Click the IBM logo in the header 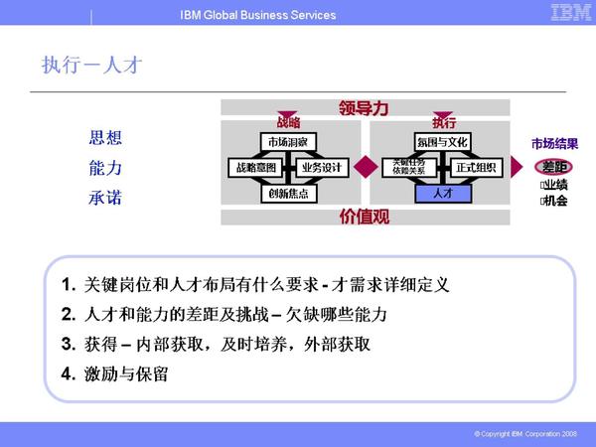566,13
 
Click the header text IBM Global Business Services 258,15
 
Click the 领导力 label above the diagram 363,107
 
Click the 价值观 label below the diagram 364,216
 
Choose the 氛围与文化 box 442,142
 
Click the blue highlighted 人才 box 442,193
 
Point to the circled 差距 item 554,166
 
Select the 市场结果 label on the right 554,143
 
